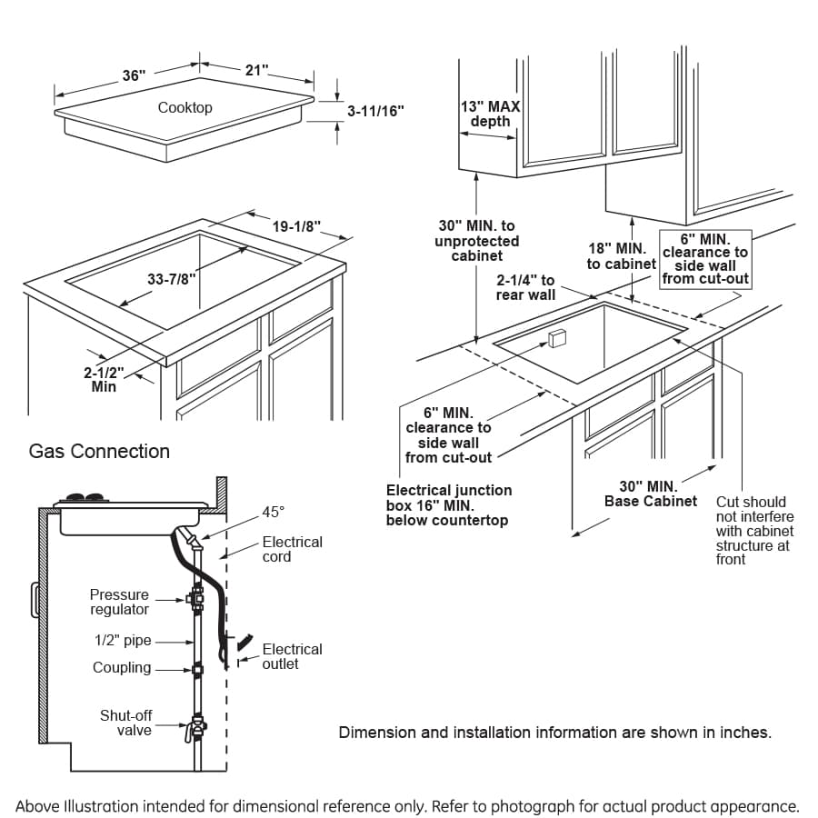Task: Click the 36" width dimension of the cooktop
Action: pos(134,75)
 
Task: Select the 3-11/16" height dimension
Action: pos(375,110)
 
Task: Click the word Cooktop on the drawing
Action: pos(185,107)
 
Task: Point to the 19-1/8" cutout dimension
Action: pos(296,227)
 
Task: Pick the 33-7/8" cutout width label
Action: pos(171,280)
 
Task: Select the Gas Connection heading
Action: pos(99,451)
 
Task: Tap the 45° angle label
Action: pos(274,512)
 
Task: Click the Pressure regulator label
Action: pos(119,602)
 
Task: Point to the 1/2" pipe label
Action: pos(123,641)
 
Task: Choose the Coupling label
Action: pos(122,668)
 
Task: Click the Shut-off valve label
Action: pos(125,723)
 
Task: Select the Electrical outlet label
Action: pos(292,656)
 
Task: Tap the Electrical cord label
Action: pos(292,549)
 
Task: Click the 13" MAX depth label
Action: pos(490,114)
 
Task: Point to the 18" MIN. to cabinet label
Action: pos(622,255)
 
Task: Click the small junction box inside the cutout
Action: pos(557,338)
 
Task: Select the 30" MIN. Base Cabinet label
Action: pos(650,494)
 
